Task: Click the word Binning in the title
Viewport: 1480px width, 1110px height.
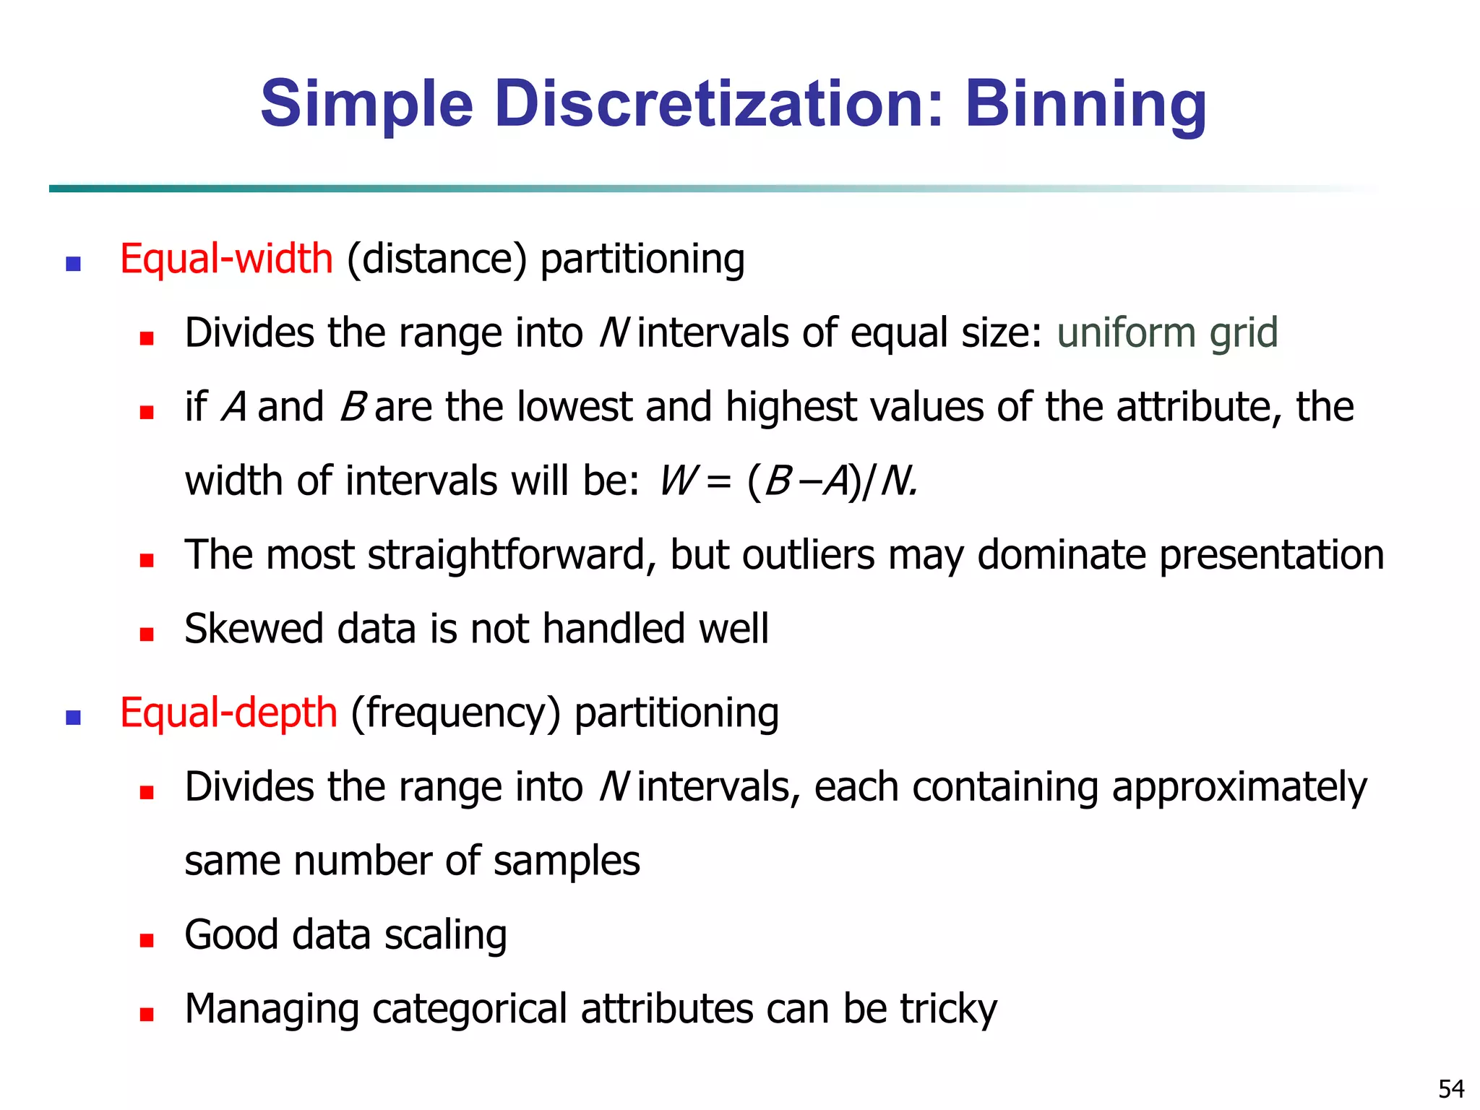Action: [1085, 106]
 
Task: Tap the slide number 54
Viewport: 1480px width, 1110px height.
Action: [1451, 1088]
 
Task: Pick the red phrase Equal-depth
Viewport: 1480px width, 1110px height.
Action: [228, 713]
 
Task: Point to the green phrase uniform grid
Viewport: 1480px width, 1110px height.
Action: [1167, 333]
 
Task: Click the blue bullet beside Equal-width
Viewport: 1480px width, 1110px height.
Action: [73, 264]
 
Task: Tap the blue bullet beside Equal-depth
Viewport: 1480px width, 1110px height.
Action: [73, 718]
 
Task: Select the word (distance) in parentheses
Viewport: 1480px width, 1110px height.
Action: [437, 259]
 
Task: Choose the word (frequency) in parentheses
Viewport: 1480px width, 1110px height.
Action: [456, 713]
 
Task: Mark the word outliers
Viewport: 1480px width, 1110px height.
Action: [809, 555]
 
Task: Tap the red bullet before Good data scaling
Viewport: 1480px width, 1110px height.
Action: [147, 940]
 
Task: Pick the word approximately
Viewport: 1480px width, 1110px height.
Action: [1239, 788]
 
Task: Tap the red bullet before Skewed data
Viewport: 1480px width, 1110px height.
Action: [147, 634]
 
